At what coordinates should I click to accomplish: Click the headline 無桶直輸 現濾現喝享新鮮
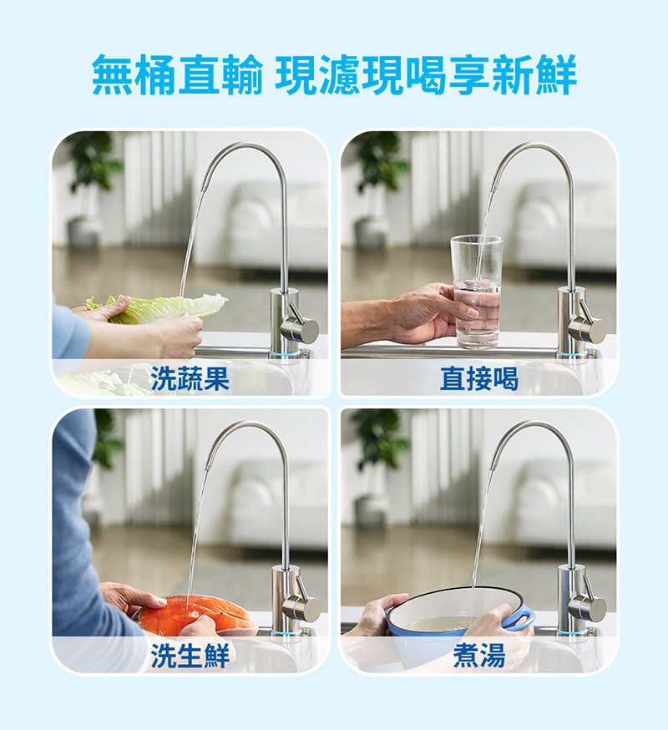point(334,75)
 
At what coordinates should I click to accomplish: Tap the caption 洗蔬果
point(190,379)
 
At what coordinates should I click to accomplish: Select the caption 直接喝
point(478,379)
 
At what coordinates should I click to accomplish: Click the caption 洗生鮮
point(190,656)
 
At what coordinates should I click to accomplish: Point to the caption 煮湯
point(478,656)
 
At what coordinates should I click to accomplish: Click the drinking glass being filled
point(477,291)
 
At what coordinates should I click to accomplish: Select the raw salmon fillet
point(196,615)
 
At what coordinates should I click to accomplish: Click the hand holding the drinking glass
point(422,314)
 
